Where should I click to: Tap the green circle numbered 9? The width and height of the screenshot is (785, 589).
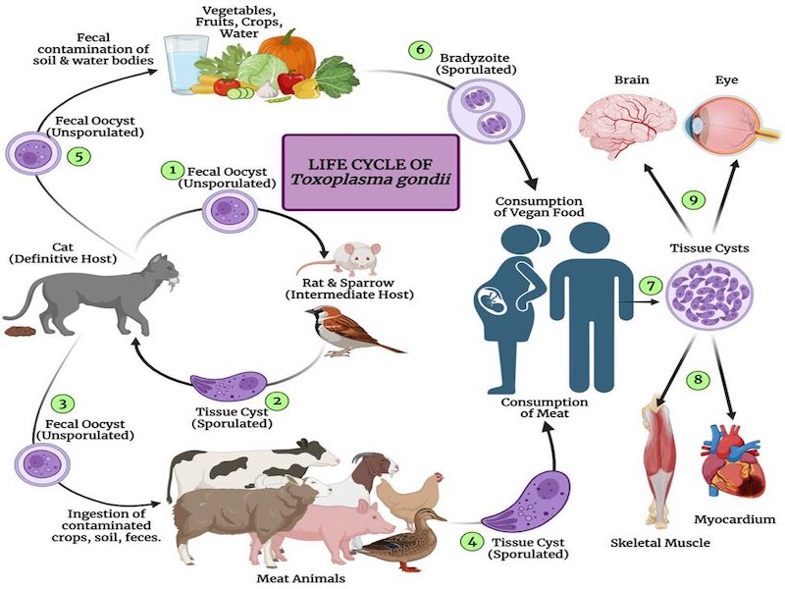coord(694,200)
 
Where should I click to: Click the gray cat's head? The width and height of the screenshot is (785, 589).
coord(163,269)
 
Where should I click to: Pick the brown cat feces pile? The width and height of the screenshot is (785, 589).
coord(18,331)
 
